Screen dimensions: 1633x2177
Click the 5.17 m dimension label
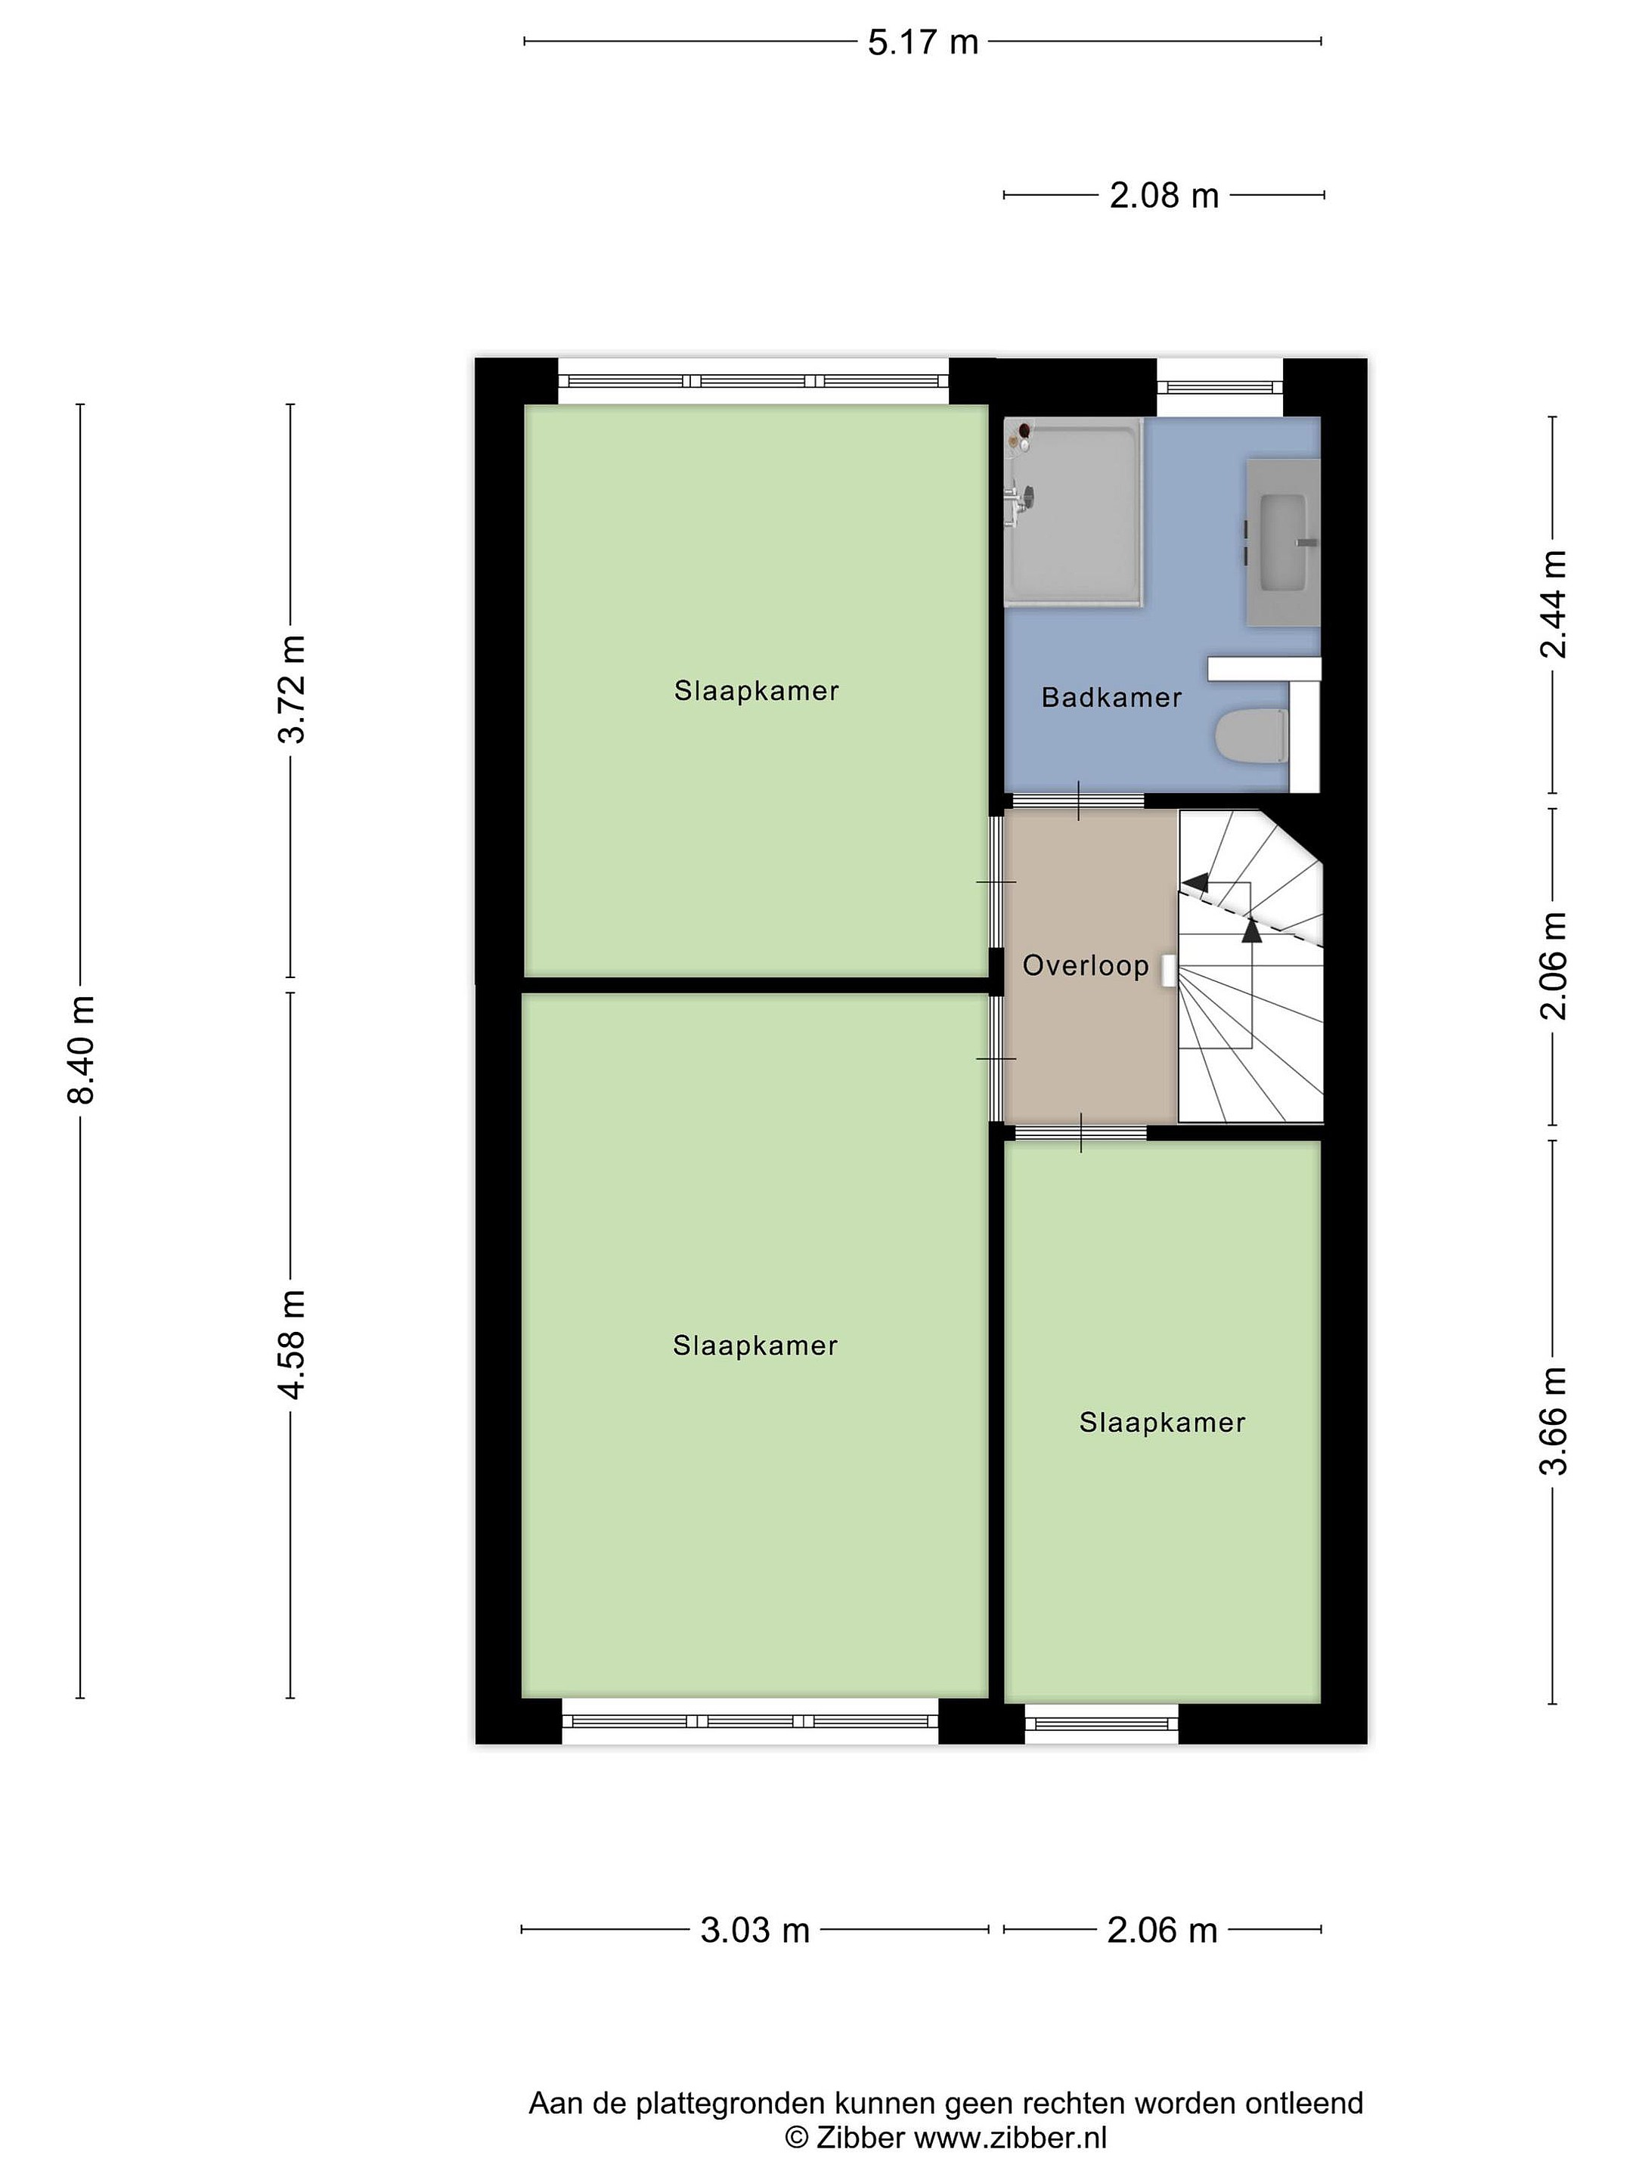click(922, 42)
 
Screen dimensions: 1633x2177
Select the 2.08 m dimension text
click(1164, 196)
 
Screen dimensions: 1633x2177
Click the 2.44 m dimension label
click(1554, 603)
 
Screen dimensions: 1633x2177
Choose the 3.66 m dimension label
click(1554, 1421)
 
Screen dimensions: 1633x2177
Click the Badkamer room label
click(1111, 698)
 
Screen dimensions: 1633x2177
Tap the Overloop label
click(1086, 965)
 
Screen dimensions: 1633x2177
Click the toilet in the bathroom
click(1252, 735)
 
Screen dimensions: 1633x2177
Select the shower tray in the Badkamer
click(1074, 512)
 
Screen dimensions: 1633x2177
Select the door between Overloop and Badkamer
click(1079, 801)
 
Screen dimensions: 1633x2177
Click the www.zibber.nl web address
click(1011, 2138)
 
